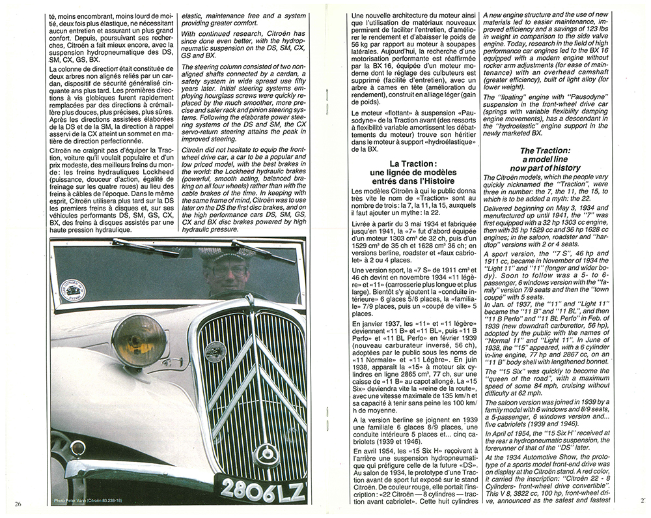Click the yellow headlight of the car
(138, 340)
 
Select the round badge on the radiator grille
(214, 351)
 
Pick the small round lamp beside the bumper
(77, 448)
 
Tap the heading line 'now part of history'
(544, 168)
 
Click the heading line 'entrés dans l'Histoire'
(411, 180)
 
